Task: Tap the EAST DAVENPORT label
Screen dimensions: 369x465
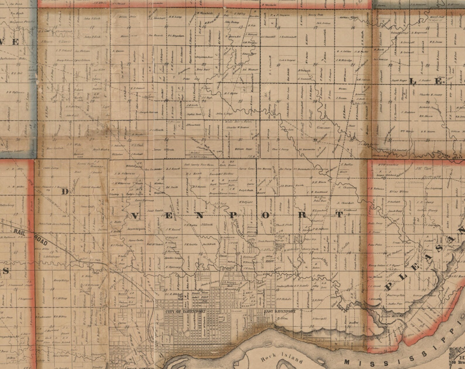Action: (x=280, y=311)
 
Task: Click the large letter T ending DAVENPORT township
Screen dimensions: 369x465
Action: (x=339, y=215)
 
